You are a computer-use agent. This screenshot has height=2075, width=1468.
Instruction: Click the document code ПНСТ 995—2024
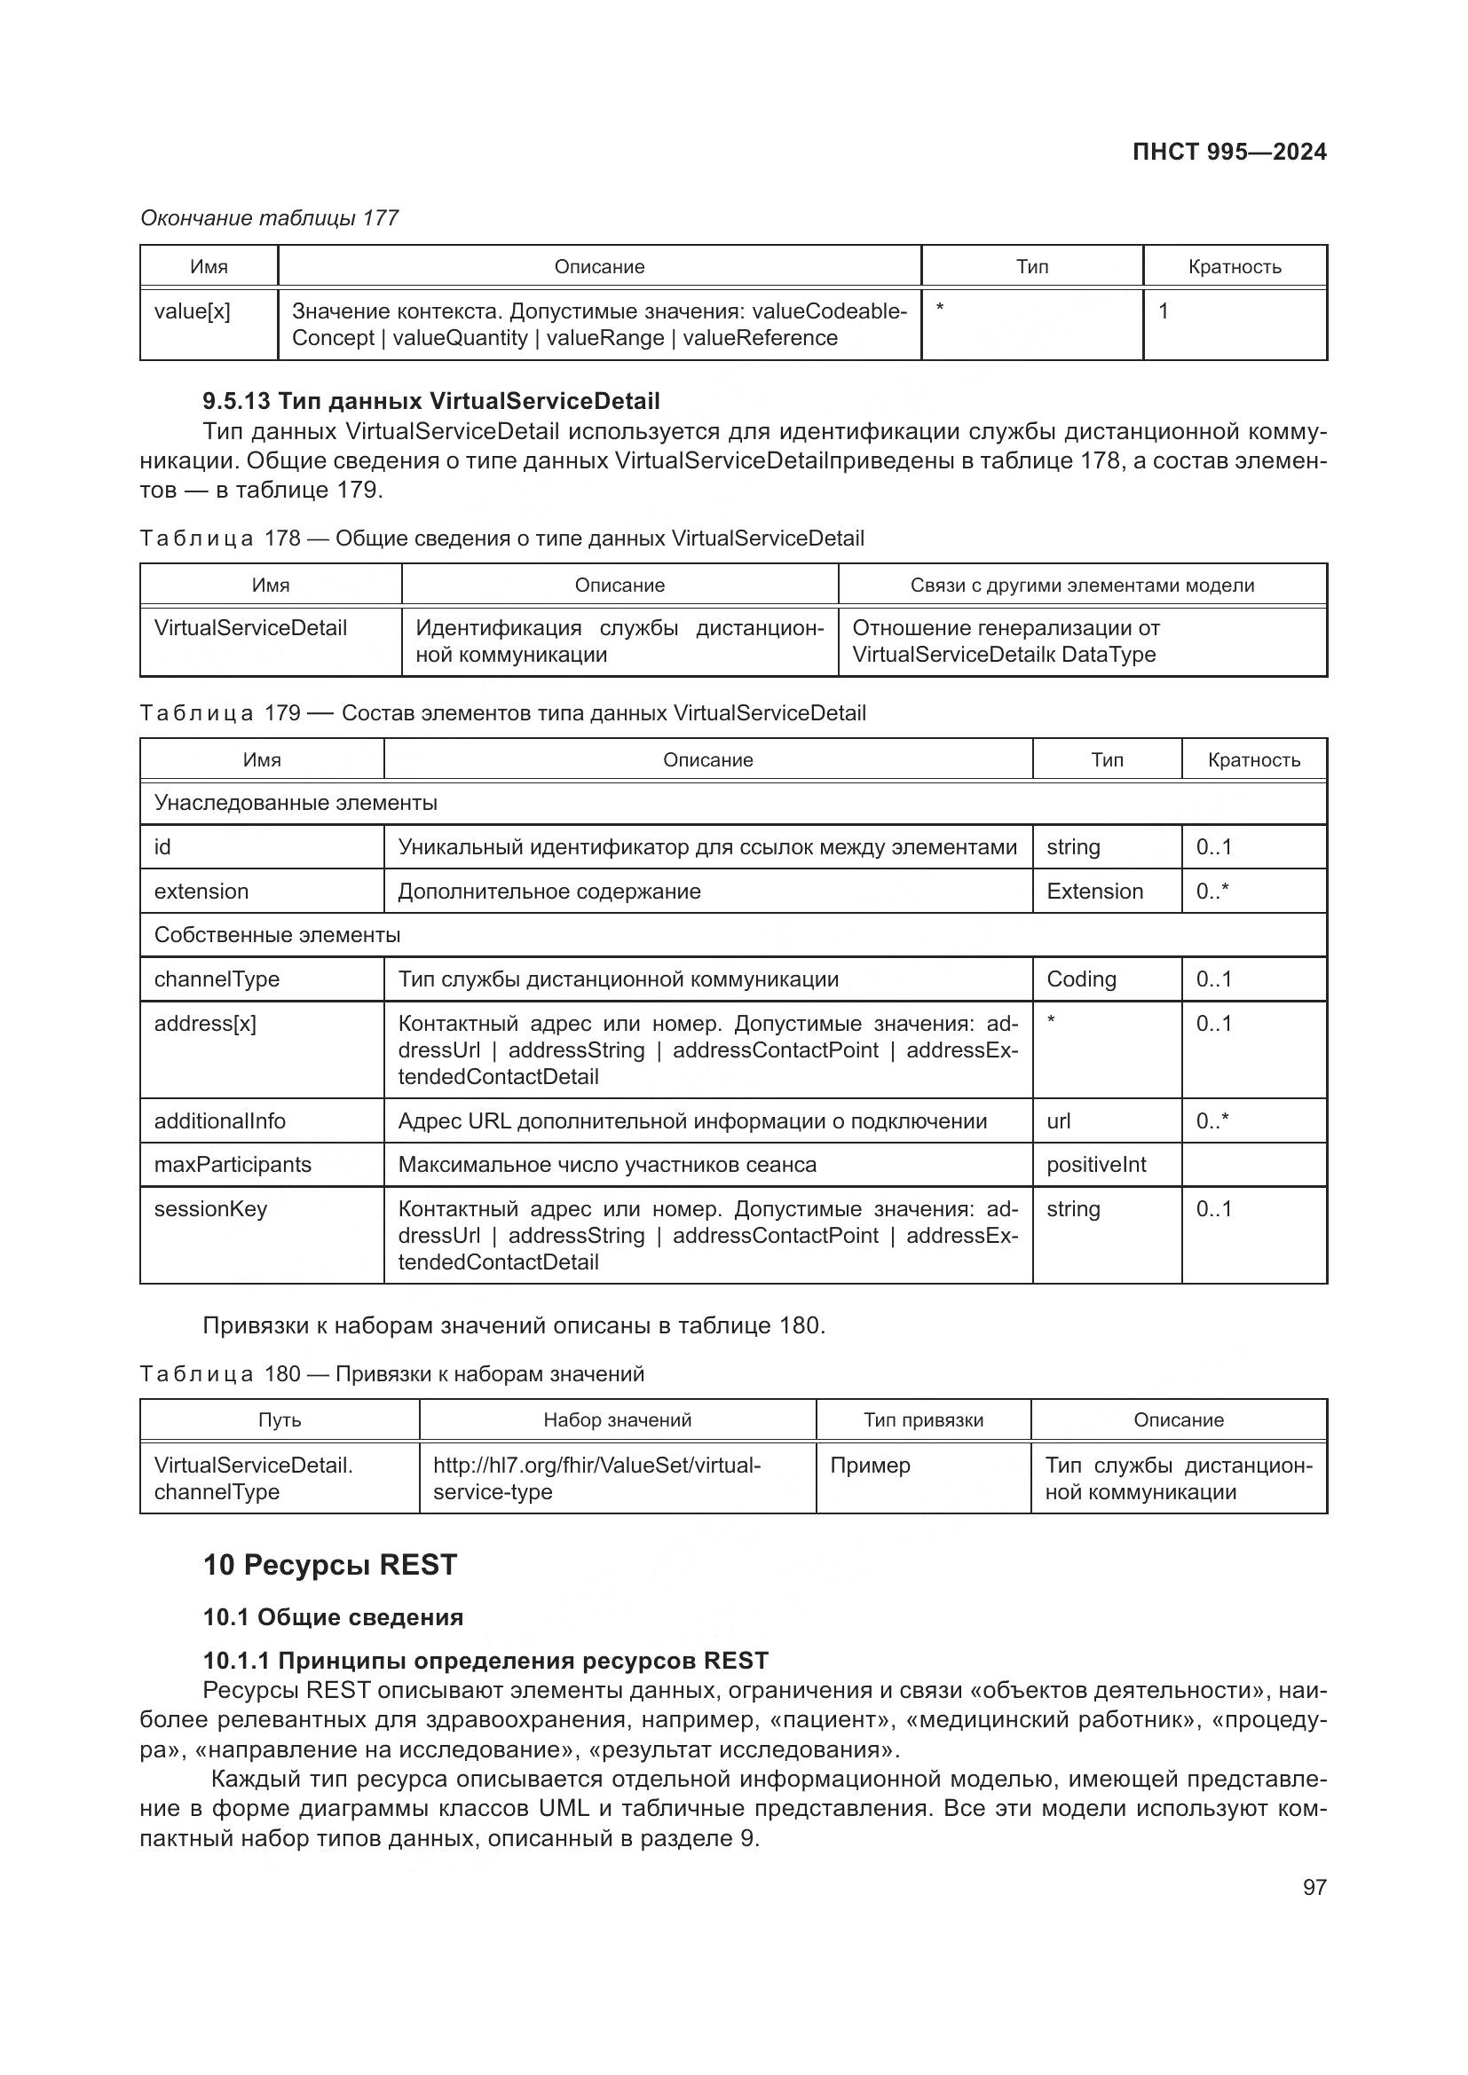tap(1228, 152)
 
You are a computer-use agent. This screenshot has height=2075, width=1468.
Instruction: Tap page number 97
tap(1314, 1887)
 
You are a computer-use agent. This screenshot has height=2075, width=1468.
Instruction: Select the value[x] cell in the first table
tap(192, 311)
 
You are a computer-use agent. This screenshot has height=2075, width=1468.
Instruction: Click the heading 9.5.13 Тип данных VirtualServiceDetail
tap(431, 401)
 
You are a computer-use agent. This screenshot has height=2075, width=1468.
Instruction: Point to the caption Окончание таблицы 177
tap(270, 218)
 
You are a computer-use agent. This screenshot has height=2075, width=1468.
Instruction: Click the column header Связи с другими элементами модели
tap(1081, 585)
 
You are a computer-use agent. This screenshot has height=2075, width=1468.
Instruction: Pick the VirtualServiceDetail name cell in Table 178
tap(250, 628)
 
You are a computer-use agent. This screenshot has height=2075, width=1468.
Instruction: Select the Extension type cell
tap(1093, 891)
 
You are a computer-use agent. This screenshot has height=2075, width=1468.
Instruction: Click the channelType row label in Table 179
tap(217, 979)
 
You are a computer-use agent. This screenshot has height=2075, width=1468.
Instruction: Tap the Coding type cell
tap(1081, 979)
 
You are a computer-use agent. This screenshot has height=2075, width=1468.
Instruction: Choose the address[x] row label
tap(205, 1023)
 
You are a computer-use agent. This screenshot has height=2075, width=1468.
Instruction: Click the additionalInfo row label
tap(219, 1120)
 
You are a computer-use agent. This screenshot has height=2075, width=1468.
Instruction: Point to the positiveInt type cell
tap(1095, 1164)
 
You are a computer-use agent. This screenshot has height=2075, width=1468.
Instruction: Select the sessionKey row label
tap(210, 1208)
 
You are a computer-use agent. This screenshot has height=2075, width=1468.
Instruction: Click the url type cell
tap(1059, 1120)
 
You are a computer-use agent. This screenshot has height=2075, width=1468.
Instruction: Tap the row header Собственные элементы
tap(277, 934)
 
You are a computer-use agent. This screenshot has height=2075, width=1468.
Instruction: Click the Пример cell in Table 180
tap(870, 1465)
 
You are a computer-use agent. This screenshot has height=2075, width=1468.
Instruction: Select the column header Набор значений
tap(618, 1419)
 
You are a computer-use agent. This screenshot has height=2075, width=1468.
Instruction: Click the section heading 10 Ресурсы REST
tap(330, 1564)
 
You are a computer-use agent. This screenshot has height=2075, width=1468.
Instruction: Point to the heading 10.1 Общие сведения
tap(333, 1617)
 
